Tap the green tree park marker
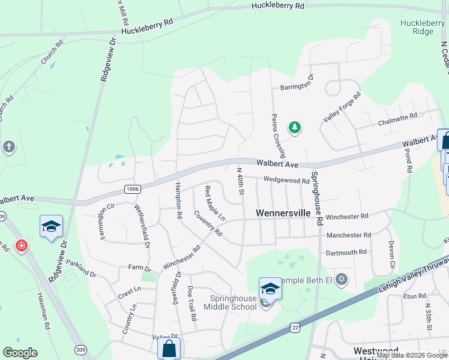[x=294, y=127]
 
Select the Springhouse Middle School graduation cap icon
[x=270, y=289]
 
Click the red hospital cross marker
[x=22, y=246]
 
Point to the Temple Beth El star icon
[x=342, y=280]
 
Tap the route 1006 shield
[x=133, y=189]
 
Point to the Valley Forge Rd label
[x=342, y=107]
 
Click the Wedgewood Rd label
[x=286, y=179]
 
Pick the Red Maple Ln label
[x=214, y=202]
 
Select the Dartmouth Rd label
[x=346, y=253]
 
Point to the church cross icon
[x=8, y=146]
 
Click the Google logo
[x=20, y=353]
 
